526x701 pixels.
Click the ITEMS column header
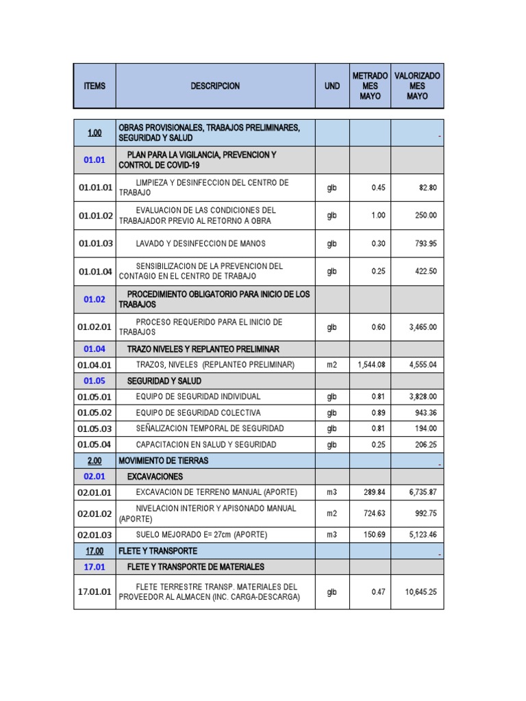point(95,86)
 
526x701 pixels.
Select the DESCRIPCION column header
point(215,86)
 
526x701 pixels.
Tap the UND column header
point(332,86)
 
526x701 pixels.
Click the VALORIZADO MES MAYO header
point(417,86)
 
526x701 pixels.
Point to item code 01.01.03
point(95,243)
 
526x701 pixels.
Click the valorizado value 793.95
point(423,243)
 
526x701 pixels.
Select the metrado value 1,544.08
point(371,365)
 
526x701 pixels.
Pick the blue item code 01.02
point(95,299)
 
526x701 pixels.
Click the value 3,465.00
point(423,327)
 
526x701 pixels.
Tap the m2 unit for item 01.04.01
point(332,365)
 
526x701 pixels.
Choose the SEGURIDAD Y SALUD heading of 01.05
point(164,381)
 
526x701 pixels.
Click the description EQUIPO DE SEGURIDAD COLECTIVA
point(198,413)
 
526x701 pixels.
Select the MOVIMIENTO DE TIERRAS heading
point(163,461)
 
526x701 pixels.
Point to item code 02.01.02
point(95,513)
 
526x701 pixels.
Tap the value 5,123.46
point(423,535)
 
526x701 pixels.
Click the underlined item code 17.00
point(95,551)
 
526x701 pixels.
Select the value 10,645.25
point(421,592)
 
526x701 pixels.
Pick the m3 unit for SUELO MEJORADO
point(332,535)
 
